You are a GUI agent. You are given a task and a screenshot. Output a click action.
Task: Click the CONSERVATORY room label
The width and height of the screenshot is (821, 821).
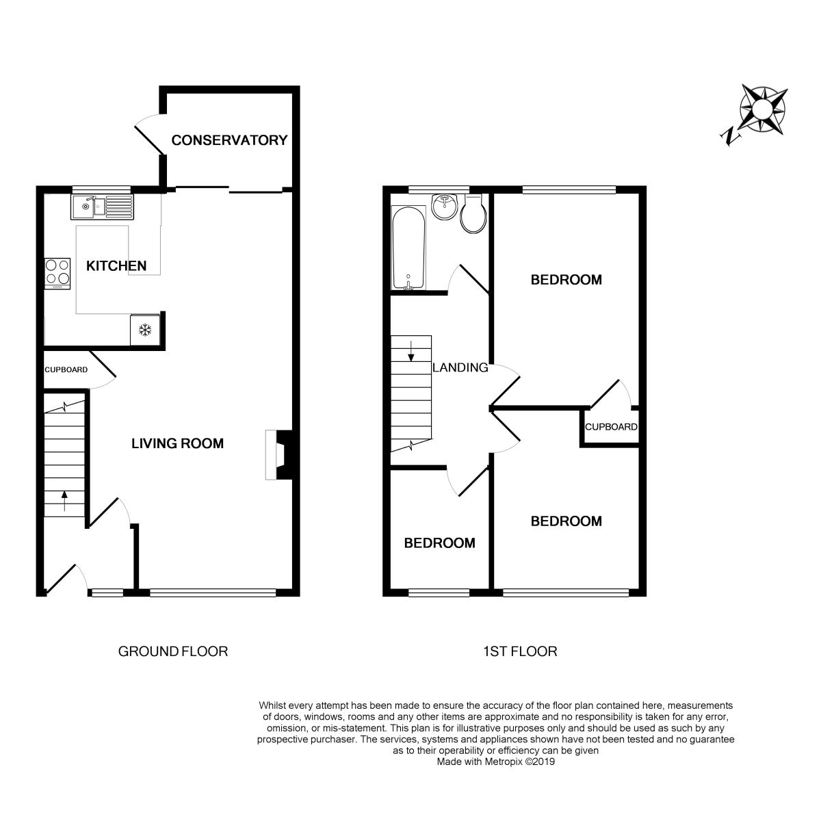[x=229, y=140]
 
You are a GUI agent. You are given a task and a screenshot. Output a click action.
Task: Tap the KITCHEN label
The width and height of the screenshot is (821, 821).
[x=116, y=265]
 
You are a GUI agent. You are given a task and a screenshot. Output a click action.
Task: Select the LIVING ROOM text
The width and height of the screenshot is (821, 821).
[x=177, y=443]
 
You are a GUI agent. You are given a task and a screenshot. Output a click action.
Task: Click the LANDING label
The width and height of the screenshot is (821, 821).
[x=460, y=367]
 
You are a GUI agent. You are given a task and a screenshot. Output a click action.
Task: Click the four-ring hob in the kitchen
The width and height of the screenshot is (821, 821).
[x=57, y=272]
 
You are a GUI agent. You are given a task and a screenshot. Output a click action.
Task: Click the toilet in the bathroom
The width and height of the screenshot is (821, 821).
[x=473, y=212]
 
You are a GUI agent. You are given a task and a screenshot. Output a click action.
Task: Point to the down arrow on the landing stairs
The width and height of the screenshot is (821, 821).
[x=410, y=350]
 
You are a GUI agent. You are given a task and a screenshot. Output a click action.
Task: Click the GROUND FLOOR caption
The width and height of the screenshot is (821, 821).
[x=173, y=651]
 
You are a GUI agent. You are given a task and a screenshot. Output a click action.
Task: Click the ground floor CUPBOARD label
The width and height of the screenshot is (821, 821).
[x=66, y=370]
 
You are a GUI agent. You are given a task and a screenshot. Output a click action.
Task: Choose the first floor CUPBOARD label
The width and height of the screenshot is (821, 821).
[x=611, y=427]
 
